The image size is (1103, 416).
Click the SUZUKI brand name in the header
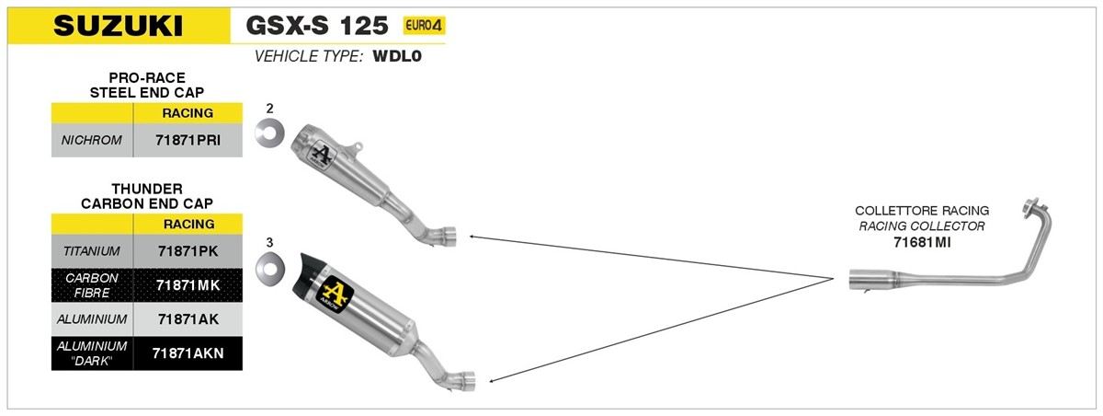click(119, 26)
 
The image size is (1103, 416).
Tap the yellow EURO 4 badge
click(424, 25)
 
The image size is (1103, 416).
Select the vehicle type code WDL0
click(397, 56)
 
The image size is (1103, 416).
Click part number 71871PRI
click(188, 141)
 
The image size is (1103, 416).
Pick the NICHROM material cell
click(92, 141)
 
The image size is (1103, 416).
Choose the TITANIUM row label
click(92, 251)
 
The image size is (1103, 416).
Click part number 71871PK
click(188, 251)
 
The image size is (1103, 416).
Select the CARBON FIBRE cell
click(92, 285)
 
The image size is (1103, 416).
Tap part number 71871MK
click(188, 285)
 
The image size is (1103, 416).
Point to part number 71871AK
click(188, 319)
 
